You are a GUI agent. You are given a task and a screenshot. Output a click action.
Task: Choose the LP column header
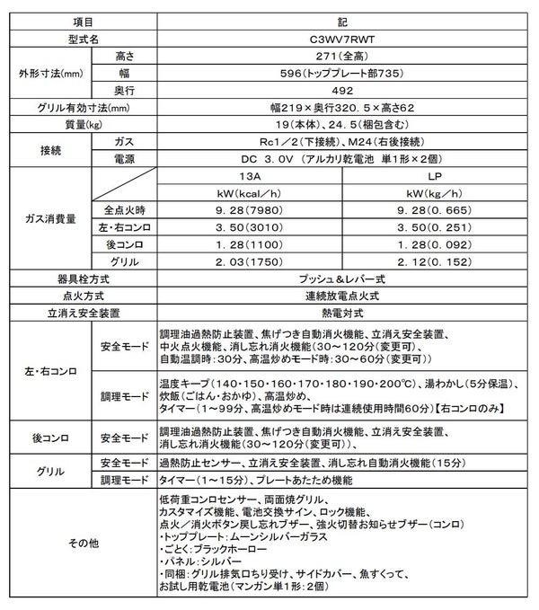click(x=434, y=176)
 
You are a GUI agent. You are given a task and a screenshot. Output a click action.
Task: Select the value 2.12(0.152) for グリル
click(x=434, y=261)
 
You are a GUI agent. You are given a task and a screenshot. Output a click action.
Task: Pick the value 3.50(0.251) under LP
click(x=434, y=227)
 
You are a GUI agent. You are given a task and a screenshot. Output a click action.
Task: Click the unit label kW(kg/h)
click(x=434, y=193)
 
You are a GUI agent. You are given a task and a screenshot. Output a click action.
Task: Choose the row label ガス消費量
click(x=47, y=218)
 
